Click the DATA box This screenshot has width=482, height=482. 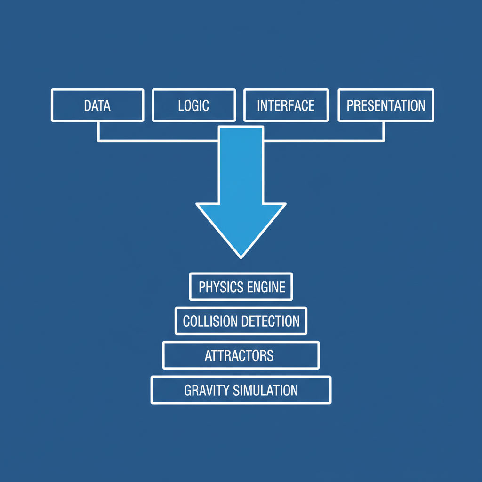click(x=97, y=105)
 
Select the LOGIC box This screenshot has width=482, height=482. click(x=193, y=105)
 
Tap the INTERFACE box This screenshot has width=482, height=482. click(x=286, y=105)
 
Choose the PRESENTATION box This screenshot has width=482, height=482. click(x=386, y=105)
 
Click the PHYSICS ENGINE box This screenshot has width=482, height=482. click(x=241, y=287)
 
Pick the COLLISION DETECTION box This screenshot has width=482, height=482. click(x=241, y=321)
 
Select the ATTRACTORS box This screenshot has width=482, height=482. click(x=241, y=355)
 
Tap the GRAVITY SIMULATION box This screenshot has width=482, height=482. click(x=241, y=390)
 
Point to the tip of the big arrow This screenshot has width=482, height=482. click(x=241, y=257)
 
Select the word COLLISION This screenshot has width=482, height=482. click(x=210, y=321)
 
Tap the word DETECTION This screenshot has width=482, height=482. click(x=270, y=321)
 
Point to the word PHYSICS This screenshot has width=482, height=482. click(x=218, y=287)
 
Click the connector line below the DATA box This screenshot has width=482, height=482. click(x=98, y=131)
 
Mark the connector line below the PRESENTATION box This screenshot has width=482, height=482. click(x=384, y=131)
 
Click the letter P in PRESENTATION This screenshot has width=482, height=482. click(x=350, y=105)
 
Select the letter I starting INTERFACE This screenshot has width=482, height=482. click(x=258, y=105)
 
